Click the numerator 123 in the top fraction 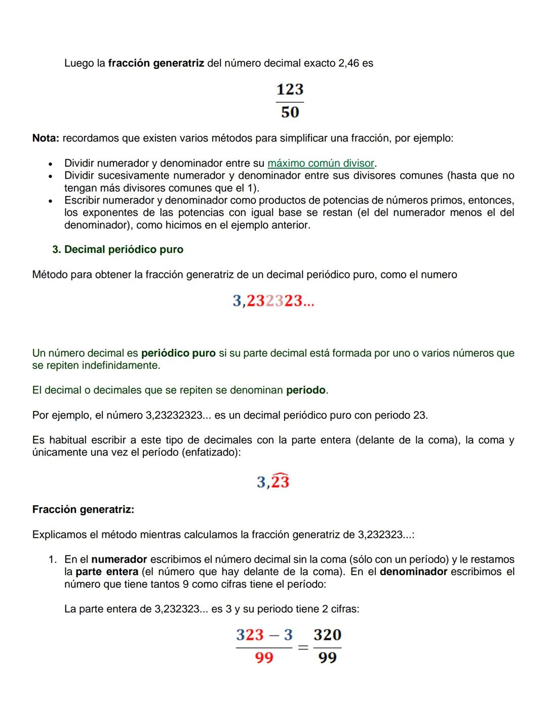[290, 90]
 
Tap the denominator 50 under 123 [290, 112]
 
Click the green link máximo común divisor [321, 163]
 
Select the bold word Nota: [46, 138]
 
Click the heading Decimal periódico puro [124, 249]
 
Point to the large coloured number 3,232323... [273, 301]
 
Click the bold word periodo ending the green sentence [306, 390]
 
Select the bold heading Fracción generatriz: [83, 509]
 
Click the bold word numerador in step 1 [119, 560]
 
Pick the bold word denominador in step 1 [413, 572]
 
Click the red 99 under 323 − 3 [264, 658]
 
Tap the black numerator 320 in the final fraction [327, 635]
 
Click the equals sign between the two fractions [303, 647]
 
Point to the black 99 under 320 [327, 658]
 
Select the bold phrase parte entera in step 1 [107, 572]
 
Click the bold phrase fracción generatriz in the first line [156, 63]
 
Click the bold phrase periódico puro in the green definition [178, 353]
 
